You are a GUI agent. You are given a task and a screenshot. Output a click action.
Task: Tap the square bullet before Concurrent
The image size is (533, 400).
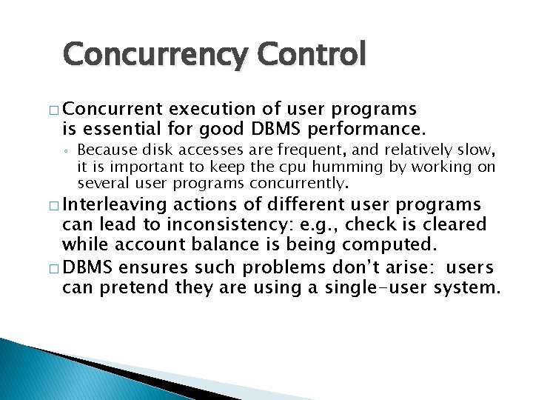pyautogui.click(x=54, y=110)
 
